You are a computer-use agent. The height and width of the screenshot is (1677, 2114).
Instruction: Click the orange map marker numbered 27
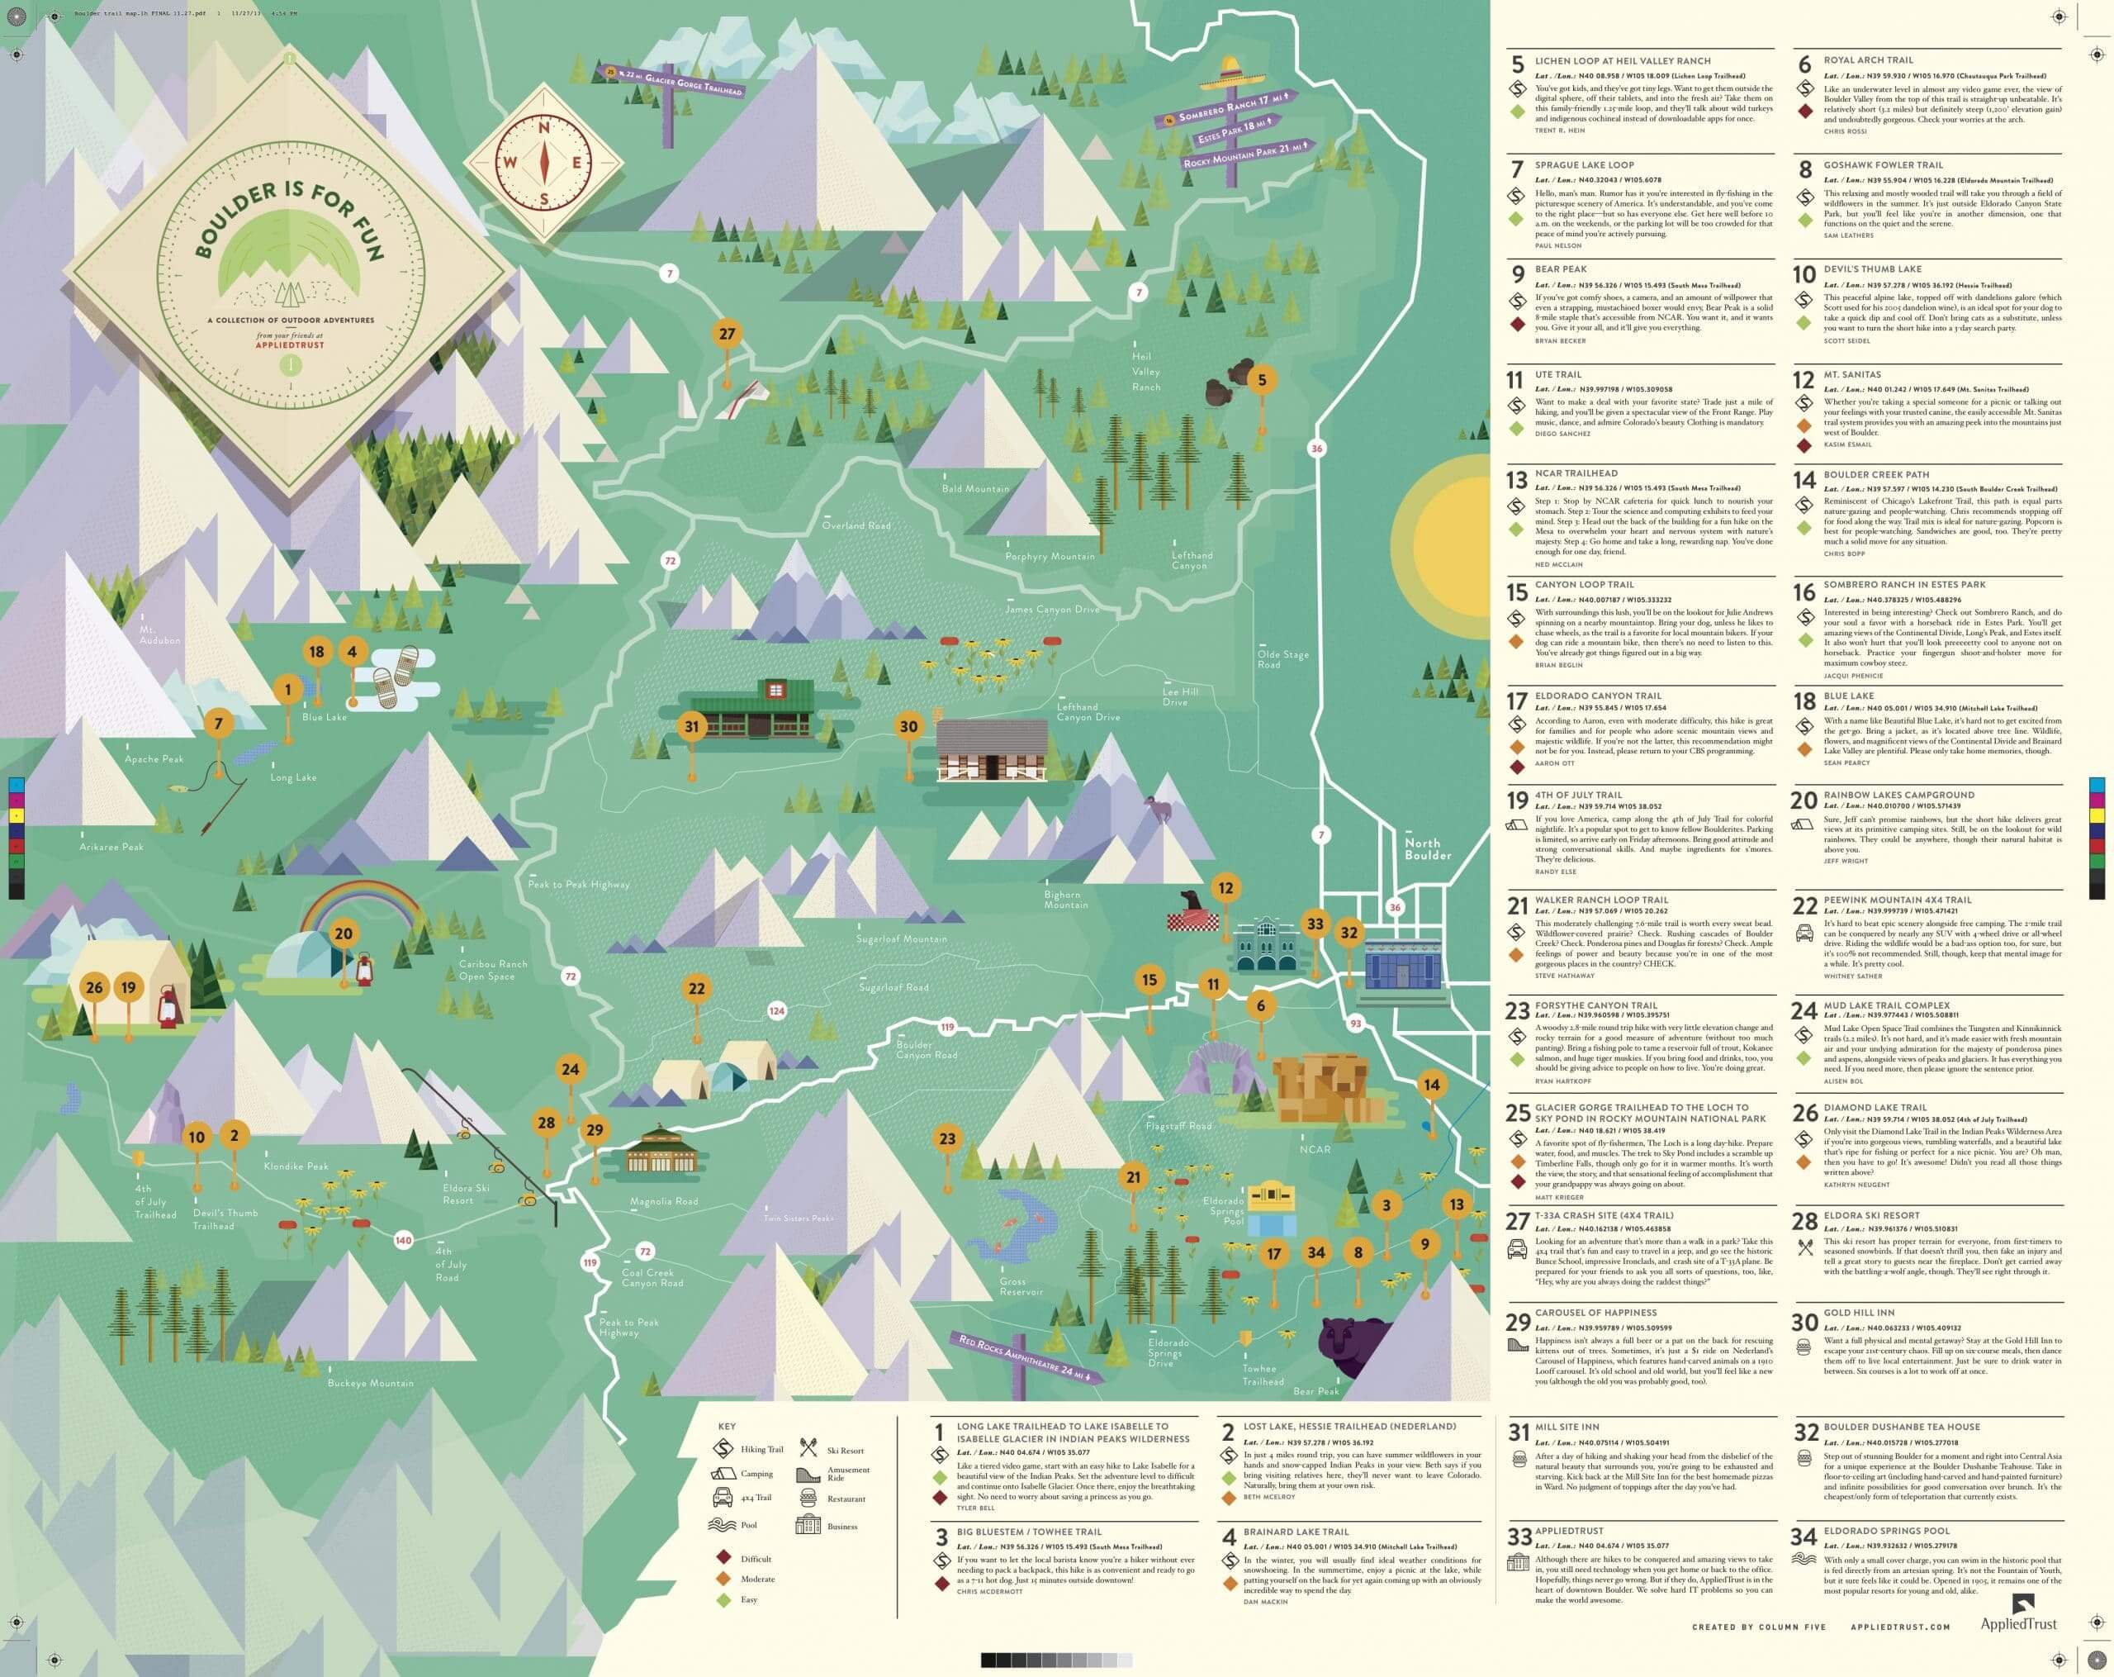tap(727, 334)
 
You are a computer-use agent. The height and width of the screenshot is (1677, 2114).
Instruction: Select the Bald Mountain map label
tap(974, 488)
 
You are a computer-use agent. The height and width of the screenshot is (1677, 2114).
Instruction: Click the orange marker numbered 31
tap(692, 727)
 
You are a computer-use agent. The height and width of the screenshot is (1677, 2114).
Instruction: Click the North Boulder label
tap(1427, 849)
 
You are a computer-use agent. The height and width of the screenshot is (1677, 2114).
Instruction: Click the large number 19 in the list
tap(1517, 801)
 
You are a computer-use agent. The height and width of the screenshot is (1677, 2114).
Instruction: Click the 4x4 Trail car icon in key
tap(722, 1498)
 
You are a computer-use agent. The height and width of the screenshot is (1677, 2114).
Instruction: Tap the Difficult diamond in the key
tap(723, 1557)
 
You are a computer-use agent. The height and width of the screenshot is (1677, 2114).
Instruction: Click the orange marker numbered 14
tap(1432, 1084)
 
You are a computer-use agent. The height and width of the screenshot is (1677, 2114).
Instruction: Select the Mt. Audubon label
tap(160, 634)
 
